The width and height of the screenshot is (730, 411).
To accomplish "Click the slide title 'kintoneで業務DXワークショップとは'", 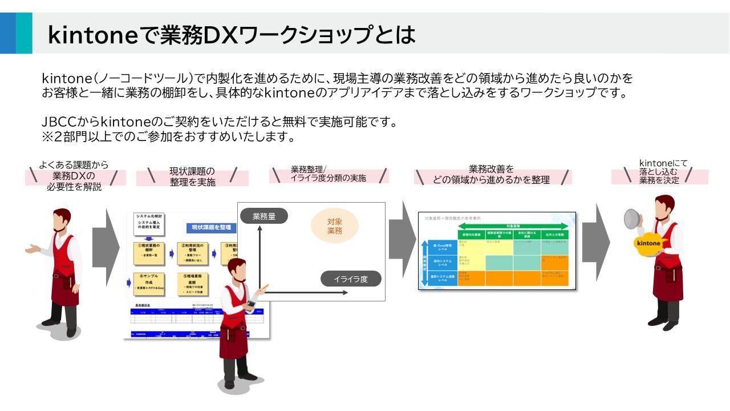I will pyautogui.click(x=231, y=35).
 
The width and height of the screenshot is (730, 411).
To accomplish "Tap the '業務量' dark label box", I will pyautogui.click(x=263, y=216).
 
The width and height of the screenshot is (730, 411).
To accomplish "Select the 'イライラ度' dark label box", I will pyautogui.click(x=350, y=279).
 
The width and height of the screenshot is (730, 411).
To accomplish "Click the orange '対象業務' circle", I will pyautogui.click(x=334, y=226).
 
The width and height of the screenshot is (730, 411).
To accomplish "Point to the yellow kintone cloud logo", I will pyautogui.click(x=648, y=243).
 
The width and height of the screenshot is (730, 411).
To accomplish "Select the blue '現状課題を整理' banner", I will pyautogui.click(x=210, y=227).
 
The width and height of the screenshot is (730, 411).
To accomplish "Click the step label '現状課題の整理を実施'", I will pyautogui.click(x=192, y=177).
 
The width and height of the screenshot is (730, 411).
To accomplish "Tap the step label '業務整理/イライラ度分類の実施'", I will pyautogui.click(x=328, y=174).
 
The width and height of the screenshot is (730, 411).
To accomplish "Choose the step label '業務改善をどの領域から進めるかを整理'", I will pyautogui.click(x=491, y=175).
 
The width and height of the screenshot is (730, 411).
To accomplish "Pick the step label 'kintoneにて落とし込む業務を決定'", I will pyautogui.click(x=659, y=172).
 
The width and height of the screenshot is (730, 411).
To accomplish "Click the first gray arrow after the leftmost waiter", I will pyautogui.click(x=106, y=247).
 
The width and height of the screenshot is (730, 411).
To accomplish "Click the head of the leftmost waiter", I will pyautogui.click(x=62, y=218).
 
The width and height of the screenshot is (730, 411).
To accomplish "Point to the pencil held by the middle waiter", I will pyautogui.click(x=265, y=287).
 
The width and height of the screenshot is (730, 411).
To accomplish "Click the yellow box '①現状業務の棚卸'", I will pyautogui.click(x=149, y=253).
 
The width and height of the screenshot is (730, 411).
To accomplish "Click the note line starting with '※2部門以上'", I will pyautogui.click(x=168, y=137).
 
